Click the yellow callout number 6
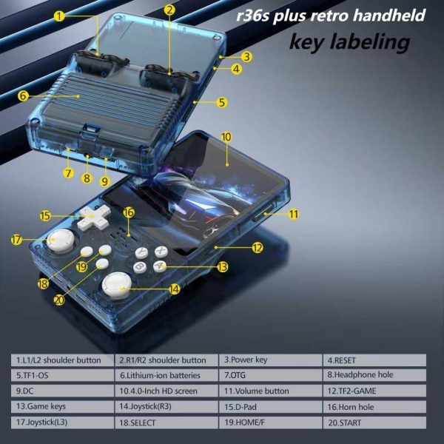pyautogui.click(x=23, y=96)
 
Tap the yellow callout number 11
pyautogui.click(x=293, y=214)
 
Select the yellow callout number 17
pyautogui.click(x=16, y=240)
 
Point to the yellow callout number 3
pyautogui.click(x=246, y=57)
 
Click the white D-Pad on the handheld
pyautogui.click(x=93, y=217)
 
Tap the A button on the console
pyautogui.click(x=160, y=266)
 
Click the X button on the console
pyautogui.click(x=161, y=251)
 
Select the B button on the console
pyautogui.click(x=140, y=267)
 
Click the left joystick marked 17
pyautogui.click(x=61, y=240)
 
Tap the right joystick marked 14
pyautogui.click(x=117, y=286)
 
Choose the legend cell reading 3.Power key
pyautogui.click(x=271, y=360)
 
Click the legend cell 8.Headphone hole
pyautogui.click(x=374, y=375)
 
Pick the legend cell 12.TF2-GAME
pyautogui.click(x=374, y=391)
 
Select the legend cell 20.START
pyautogui.click(x=374, y=423)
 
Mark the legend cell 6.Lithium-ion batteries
pyautogui.click(x=166, y=375)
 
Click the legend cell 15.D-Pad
pyautogui.click(x=271, y=406)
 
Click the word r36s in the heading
pyautogui.click(x=252, y=16)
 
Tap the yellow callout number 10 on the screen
pyautogui.click(x=226, y=137)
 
